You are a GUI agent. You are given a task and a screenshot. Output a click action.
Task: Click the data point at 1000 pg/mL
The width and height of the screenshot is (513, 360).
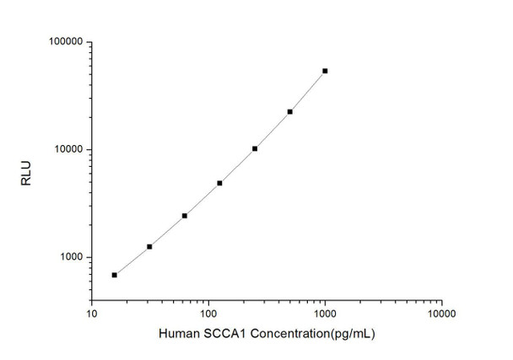pyautogui.click(x=325, y=71)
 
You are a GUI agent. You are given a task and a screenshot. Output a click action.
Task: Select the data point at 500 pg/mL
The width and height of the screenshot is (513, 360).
pyautogui.click(x=289, y=111)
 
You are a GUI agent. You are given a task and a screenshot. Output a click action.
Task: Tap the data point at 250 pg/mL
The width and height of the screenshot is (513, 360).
pyautogui.click(x=255, y=148)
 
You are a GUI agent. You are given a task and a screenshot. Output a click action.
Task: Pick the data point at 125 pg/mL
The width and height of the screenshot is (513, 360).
pyautogui.click(x=219, y=183)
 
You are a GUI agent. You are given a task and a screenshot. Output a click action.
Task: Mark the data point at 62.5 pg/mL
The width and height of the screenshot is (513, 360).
pyautogui.click(x=184, y=216)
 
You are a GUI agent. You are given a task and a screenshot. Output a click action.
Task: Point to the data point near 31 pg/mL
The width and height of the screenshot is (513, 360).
pyautogui.click(x=149, y=246)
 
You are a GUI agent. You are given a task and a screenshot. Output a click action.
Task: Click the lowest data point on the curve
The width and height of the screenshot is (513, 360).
pyautogui.click(x=114, y=275)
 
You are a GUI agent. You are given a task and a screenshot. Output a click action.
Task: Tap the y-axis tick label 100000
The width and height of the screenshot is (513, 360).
pyautogui.click(x=64, y=42)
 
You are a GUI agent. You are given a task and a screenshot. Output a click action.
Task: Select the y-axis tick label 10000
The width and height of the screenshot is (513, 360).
pyautogui.click(x=67, y=150)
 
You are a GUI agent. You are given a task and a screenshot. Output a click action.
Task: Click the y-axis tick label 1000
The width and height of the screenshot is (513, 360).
pyautogui.click(x=69, y=258)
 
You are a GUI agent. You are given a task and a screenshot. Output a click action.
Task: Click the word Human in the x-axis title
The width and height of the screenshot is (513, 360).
pyautogui.click(x=176, y=334)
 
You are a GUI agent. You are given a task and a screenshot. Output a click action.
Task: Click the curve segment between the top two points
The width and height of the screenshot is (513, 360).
pyautogui.click(x=308, y=90)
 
